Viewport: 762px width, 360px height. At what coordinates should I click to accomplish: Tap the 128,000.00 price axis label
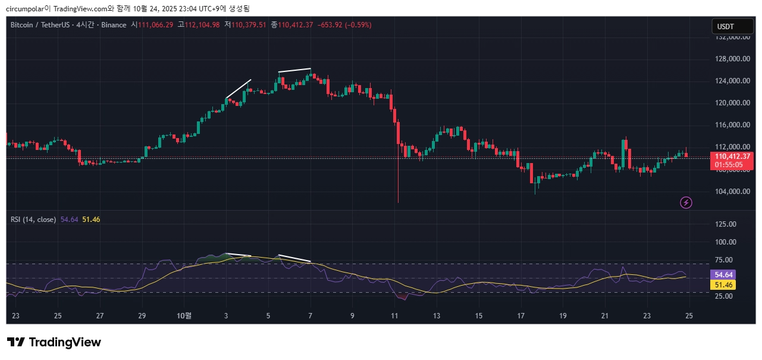click(732, 59)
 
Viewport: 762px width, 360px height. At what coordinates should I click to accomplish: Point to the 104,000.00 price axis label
click(732, 192)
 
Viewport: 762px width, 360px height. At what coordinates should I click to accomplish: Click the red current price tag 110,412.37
click(732, 156)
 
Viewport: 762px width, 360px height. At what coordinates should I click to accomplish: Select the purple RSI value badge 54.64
click(723, 275)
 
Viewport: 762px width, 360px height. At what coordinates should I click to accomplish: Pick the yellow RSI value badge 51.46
click(723, 285)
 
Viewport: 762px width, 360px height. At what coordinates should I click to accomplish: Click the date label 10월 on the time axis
click(185, 315)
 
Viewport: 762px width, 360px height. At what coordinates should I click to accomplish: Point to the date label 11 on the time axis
click(394, 315)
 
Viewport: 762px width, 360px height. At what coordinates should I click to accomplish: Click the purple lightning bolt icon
click(686, 203)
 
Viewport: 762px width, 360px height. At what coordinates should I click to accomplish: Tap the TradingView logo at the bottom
click(54, 342)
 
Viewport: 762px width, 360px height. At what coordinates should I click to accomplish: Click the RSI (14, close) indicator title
click(33, 220)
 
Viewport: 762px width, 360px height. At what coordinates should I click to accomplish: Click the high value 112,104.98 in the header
click(202, 25)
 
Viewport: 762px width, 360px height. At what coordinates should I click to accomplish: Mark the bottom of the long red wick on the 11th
click(397, 202)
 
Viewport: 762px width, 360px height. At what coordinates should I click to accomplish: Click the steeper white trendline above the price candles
click(239, 89)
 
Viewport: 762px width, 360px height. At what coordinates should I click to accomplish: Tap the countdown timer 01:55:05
click(729, 164)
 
